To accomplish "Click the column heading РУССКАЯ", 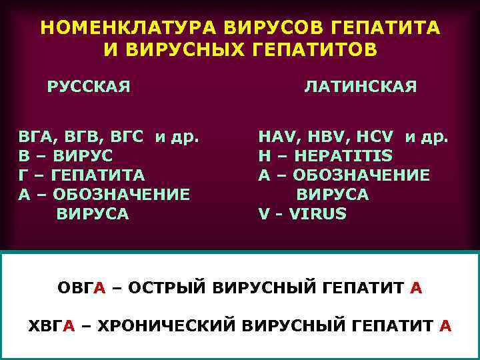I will pyautogui.click(x=88, y=87).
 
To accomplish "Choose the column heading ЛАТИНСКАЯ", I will pyautogui.click(x=361, y=87).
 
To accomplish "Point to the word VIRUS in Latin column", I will pyautogui.click(x=317, y=214).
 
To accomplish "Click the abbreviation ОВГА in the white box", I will pyautogui.click(x=81, y=288).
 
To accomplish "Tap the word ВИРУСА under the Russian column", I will pyautogui.click(x=93, y=214).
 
